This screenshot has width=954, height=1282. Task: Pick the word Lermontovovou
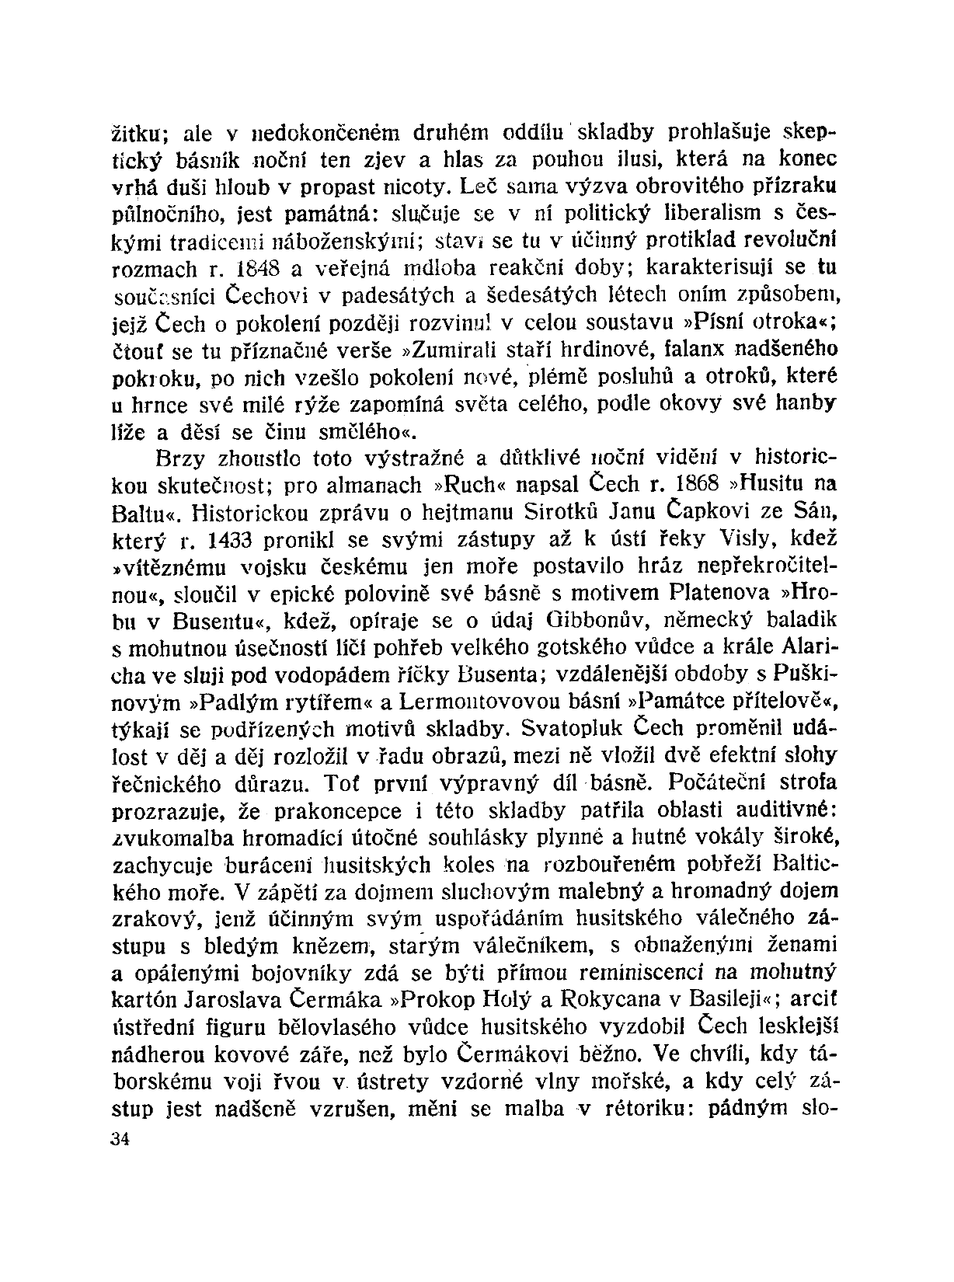point(494,702)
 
